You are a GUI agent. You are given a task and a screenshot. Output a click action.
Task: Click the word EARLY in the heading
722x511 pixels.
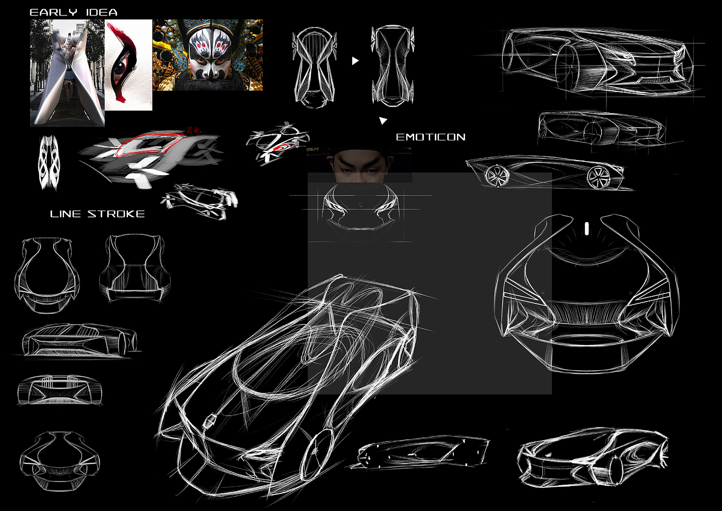pos(53,12)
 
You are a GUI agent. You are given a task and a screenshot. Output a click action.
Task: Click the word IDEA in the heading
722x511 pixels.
pos(102,12)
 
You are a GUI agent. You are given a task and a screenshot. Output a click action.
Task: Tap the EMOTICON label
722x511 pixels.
pos(431,137)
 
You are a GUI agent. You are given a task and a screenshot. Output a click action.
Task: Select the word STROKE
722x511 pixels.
pos(116,214)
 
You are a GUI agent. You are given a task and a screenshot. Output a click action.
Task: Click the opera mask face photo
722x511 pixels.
pos(208,55)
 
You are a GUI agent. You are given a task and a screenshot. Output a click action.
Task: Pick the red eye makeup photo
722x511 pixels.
pos(128,65)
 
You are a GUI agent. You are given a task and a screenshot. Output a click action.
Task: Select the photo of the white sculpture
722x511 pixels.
pos(68,73)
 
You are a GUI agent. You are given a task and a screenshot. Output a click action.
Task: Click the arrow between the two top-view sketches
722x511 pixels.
pos(355,61)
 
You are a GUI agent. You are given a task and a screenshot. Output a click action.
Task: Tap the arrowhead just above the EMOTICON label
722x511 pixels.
pos(383,121)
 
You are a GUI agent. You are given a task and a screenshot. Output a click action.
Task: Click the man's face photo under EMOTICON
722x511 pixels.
pos(359,164)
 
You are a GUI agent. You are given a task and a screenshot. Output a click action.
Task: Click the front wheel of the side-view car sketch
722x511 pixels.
pos(598,178)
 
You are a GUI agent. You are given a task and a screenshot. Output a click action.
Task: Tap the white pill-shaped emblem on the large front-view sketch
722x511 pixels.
pos(586,228)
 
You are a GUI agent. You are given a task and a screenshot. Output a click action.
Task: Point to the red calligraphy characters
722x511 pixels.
pos(194,131)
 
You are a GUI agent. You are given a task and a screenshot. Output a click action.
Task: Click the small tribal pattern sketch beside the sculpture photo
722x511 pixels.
pos(49,162)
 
